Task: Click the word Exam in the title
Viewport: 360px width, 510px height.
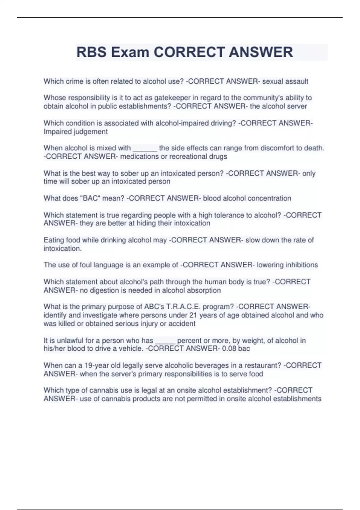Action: [130, 52]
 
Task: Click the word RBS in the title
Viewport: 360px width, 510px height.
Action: [91, 52]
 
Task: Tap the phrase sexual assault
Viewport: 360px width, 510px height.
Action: [285, 81]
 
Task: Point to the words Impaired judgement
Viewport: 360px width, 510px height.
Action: [76, 132]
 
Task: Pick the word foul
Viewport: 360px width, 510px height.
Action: [85, 265]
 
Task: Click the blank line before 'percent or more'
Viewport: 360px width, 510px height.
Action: [165, 342]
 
